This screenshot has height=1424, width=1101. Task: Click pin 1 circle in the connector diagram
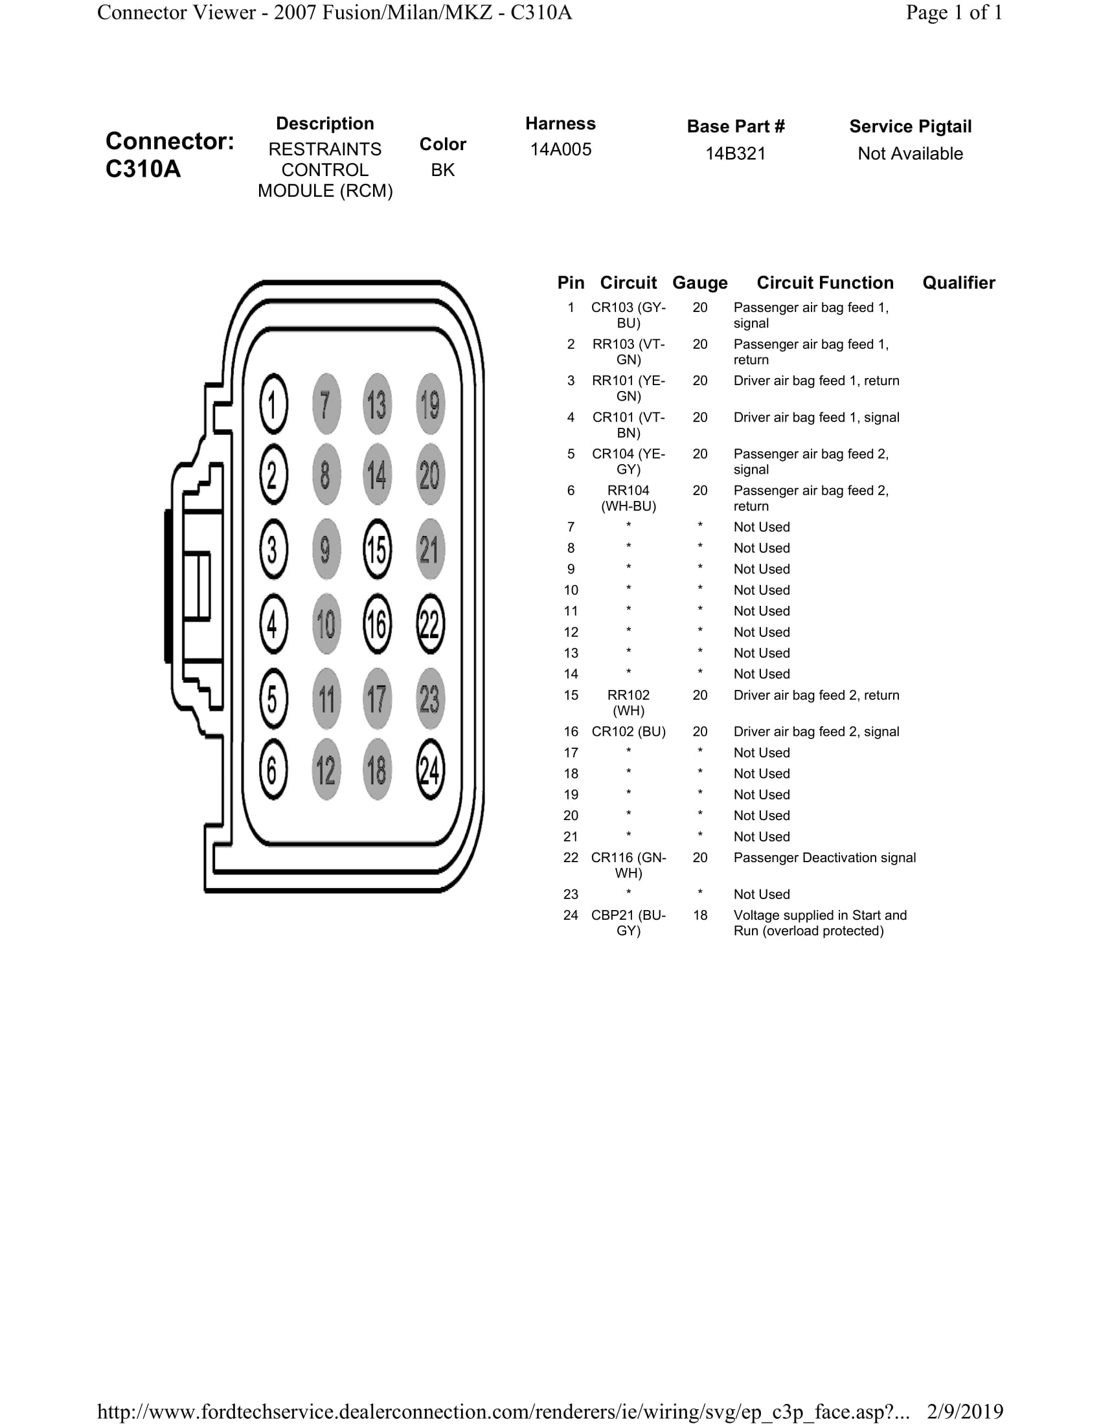(x=273, y=405)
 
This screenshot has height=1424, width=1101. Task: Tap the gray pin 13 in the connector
(x=377, y=405)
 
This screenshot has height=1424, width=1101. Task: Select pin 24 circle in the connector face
(x=430, y=770)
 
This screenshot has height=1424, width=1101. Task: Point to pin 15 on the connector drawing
(x=377, y=550)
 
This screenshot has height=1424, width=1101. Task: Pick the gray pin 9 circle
(x=326, y=550)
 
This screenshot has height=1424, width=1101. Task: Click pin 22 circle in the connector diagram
(x=430, y=624)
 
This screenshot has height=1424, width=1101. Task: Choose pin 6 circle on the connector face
(x=273, y=770)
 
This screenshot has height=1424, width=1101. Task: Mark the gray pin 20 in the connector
(x=430, y=474)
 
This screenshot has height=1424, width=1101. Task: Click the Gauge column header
(x=700, y=283)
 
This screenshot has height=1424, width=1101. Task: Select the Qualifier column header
(x=958, y=283)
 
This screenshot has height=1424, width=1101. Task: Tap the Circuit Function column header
(x=824, y=283)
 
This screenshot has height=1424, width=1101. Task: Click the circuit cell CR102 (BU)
(x=628, y=731)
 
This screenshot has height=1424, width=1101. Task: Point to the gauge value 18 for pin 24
(x=700, y=915)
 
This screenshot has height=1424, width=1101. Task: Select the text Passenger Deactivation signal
(x=824, y=858)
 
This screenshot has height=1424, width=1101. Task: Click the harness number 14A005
(x=560, y=150)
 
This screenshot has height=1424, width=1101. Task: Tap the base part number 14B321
(x=735, y=154)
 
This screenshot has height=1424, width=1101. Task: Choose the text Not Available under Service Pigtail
(x=910, y=154)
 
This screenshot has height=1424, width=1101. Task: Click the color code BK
(x=442, y=170)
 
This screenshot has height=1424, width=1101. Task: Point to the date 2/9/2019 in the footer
(x=965, y=1412)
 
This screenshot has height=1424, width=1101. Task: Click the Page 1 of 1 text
(x=953, y=13)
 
